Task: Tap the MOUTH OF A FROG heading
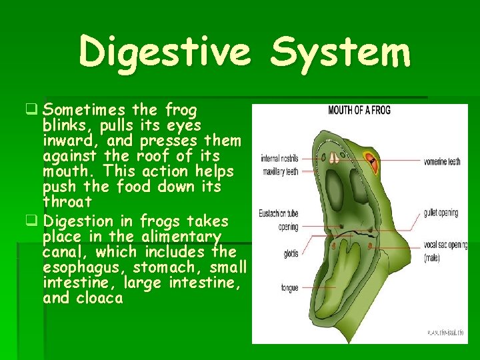[359, 110]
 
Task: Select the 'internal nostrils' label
[279, 159]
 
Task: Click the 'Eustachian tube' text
[279, 215]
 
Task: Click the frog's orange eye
[369, 160]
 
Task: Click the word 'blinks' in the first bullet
[65, 125]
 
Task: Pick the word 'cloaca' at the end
[100, 298]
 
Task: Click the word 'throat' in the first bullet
[67, 202]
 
